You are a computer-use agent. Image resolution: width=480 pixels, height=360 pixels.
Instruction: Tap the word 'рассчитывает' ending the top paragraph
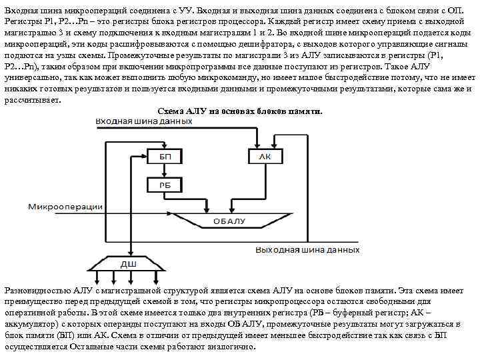(31, 99)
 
